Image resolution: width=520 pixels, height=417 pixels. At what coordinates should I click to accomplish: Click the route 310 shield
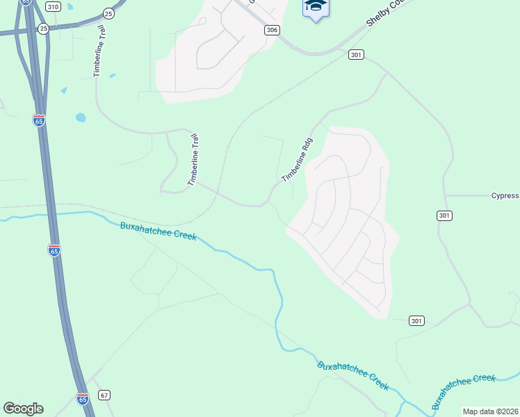[x=52, y=6]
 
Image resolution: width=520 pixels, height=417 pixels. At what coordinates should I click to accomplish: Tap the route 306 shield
[x=272, y=30]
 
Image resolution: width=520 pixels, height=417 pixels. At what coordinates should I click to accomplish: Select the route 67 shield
[x=104, y=395]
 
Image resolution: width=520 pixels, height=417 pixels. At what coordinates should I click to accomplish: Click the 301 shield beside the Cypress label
[x=445, y=216]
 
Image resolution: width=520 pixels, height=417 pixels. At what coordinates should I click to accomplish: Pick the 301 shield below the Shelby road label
[x=357, y=54]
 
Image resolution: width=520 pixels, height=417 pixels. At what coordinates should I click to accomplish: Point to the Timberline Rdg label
[x=298, y=160]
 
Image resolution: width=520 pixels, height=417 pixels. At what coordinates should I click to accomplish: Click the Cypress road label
[x=505, y=196]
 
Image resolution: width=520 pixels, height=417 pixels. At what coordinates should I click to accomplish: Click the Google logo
[x=23, y=409]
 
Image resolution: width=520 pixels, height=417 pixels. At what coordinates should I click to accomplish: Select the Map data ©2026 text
[x=490, y=411]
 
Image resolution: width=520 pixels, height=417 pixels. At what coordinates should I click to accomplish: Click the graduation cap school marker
[x=316, y=7]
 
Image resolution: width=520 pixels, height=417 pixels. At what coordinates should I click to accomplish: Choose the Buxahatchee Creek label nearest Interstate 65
[x=158, y=231]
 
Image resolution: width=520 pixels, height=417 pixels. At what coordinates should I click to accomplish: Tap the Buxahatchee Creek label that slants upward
[x=463, y=391]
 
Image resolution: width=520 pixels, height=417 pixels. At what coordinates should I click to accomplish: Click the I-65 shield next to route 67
[x=82, y=399]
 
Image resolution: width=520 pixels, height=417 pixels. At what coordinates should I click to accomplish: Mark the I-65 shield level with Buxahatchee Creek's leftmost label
[x=54, y=250]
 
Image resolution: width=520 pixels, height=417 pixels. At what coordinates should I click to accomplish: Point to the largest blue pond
[x=81, y=117]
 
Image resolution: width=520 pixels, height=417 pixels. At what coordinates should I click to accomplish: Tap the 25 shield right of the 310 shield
[x=108, y=13]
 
